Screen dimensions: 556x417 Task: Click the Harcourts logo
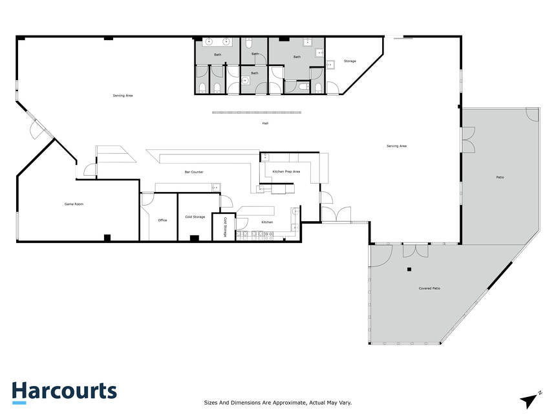point(64,392)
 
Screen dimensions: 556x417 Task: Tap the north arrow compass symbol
point(529,401)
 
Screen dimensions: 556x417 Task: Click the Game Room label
point(74,204)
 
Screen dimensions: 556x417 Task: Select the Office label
point(162,220)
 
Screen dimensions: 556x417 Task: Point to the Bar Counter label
point(194,172)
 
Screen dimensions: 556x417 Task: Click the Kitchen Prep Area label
point(286,171)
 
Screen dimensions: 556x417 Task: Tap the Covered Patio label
point(429,288)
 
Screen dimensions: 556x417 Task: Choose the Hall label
point(265,123)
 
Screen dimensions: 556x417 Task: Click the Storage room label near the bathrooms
point(350,61)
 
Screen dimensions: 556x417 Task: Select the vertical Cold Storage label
point(225,227)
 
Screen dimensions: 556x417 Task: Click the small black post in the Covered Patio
point(409,270)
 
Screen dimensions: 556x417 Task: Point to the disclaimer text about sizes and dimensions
point(277,403)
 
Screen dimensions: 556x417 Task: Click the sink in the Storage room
point(330,65)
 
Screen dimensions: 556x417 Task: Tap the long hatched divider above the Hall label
point(257,112)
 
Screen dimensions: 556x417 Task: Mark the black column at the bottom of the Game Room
point(107,238)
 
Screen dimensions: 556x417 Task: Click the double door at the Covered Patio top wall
point(416,251)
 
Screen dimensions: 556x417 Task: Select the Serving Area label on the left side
point(123,96)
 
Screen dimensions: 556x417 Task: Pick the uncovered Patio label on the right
point(500,177)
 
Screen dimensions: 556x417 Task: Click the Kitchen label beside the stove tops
point(267,222)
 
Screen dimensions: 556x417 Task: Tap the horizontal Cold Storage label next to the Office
point(195,217)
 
